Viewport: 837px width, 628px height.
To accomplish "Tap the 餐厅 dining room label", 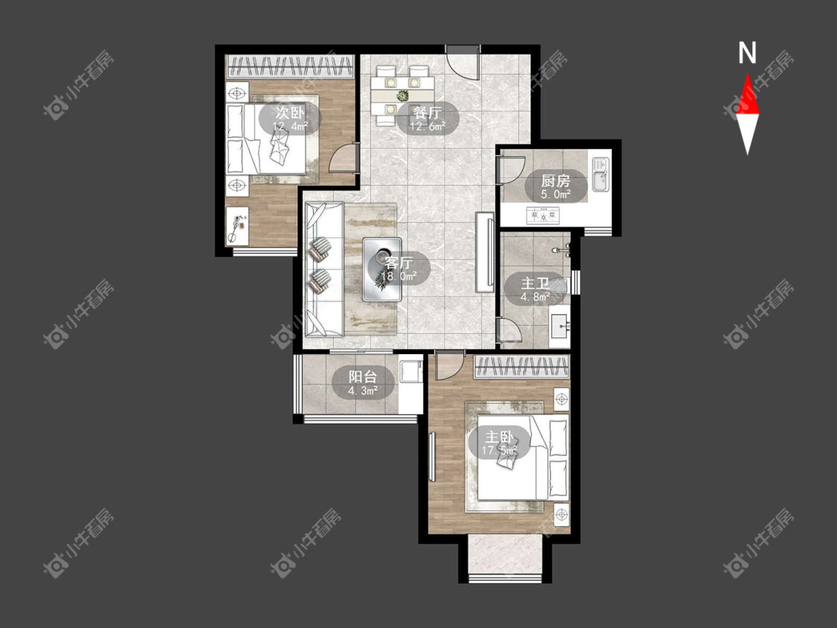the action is tap(428, 112).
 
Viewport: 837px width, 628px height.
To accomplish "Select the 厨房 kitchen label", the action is tap(556, 181).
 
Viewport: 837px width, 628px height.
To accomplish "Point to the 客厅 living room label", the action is tap(399, 263).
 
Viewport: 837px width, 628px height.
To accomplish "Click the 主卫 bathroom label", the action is tap(535, 283).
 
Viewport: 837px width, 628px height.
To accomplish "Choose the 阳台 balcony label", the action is tap(363, 377).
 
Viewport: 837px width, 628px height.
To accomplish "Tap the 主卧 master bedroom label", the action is tap(499, 437).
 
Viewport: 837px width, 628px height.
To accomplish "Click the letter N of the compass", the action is tap(747, 53).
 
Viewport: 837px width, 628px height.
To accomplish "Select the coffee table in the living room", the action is tap(382, 269).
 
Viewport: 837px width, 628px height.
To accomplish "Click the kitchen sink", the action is tap(600, 174).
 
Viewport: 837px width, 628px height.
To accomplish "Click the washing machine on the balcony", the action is tap(411, 370).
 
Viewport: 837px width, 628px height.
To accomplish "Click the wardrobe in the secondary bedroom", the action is tap(290, 67).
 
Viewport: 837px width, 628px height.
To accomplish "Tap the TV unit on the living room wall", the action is tap(485, 252).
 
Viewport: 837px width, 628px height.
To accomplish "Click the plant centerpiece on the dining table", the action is tap(402, 96).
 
